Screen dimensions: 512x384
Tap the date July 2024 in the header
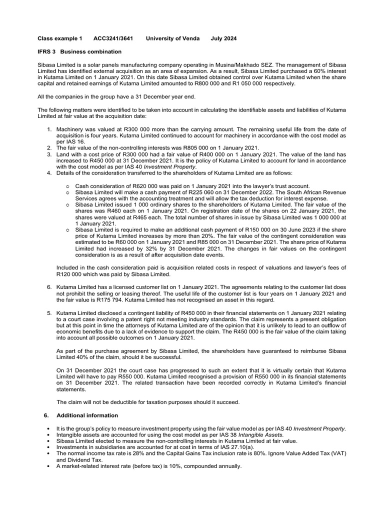pos(224,38)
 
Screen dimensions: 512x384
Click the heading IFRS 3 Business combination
pos(80,51)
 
